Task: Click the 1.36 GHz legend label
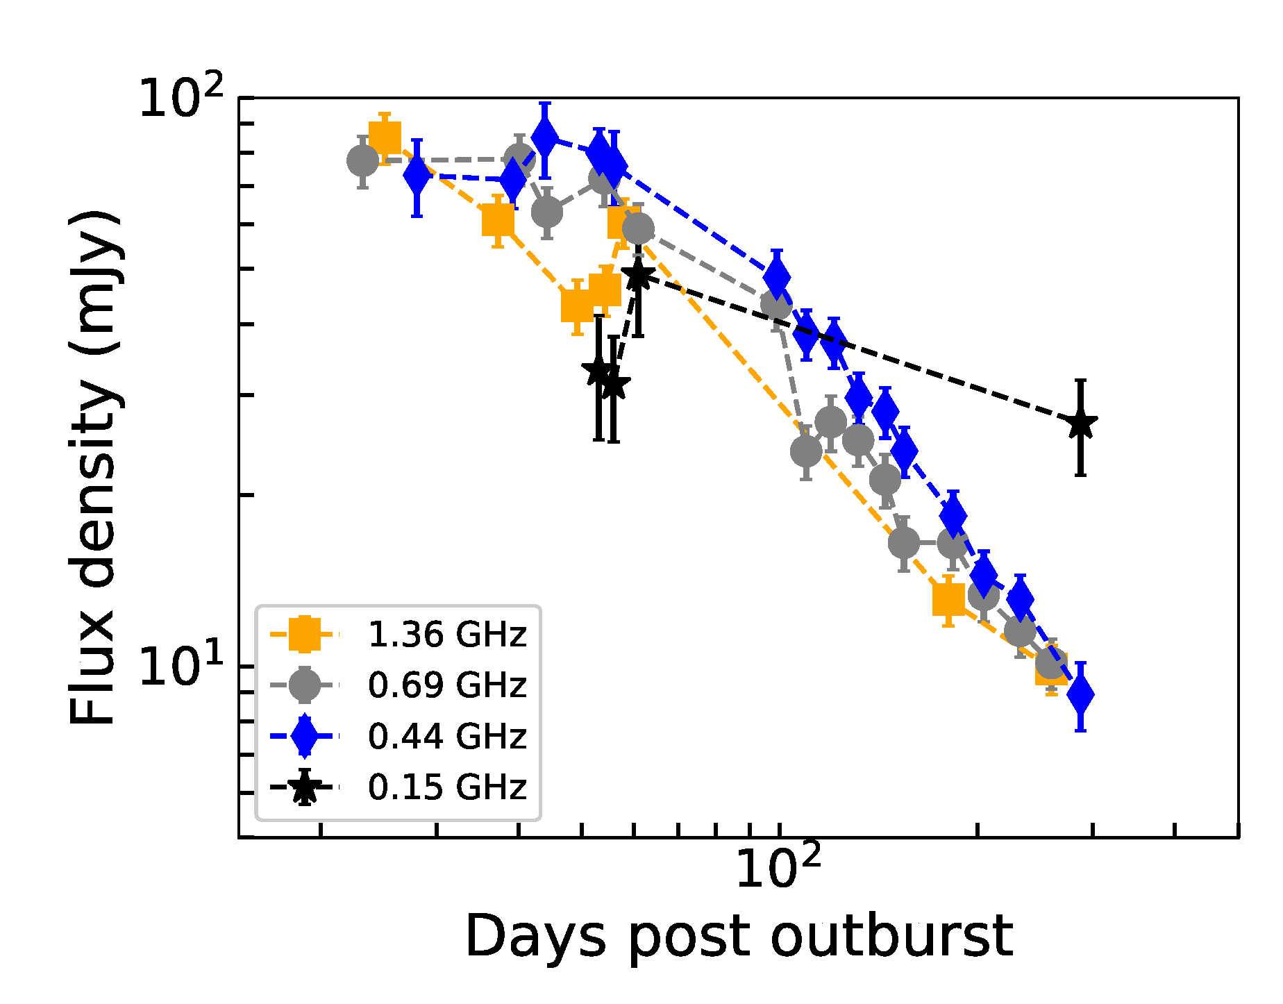(447, 635)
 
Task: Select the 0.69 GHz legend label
(447, 685)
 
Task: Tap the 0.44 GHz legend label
(447, 736)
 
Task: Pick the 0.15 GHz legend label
(447, 787)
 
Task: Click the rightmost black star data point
(1081, 424)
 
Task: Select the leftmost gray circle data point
(362, 161)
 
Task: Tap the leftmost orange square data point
(385, 137)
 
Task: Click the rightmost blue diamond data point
(1080, 694)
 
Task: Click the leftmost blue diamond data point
(417, 177)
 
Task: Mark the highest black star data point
(638, 276)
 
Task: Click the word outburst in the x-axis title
(891, 937)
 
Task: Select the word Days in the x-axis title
(535, 938)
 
